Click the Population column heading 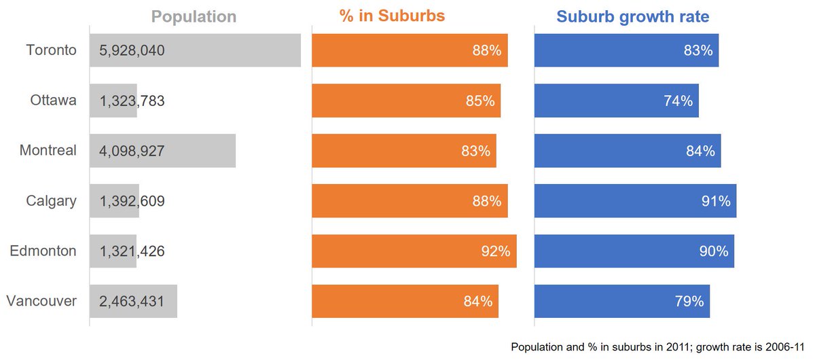pos(194,17)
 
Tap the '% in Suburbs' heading pos(392,16)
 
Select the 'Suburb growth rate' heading pos(632,17)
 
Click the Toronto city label pos(51,50)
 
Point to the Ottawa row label pos(53,101)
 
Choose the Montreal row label pos(48,151)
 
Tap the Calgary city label pos(52,201)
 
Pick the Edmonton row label pos(43,251)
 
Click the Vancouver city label pos(41,302)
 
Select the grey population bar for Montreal pos(204,151)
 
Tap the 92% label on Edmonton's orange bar pos(495,251)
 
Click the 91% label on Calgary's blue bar pos(715,201)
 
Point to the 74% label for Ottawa pos(678,101)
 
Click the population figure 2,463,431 pos(132,302)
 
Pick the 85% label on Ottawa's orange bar pos(479,101)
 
